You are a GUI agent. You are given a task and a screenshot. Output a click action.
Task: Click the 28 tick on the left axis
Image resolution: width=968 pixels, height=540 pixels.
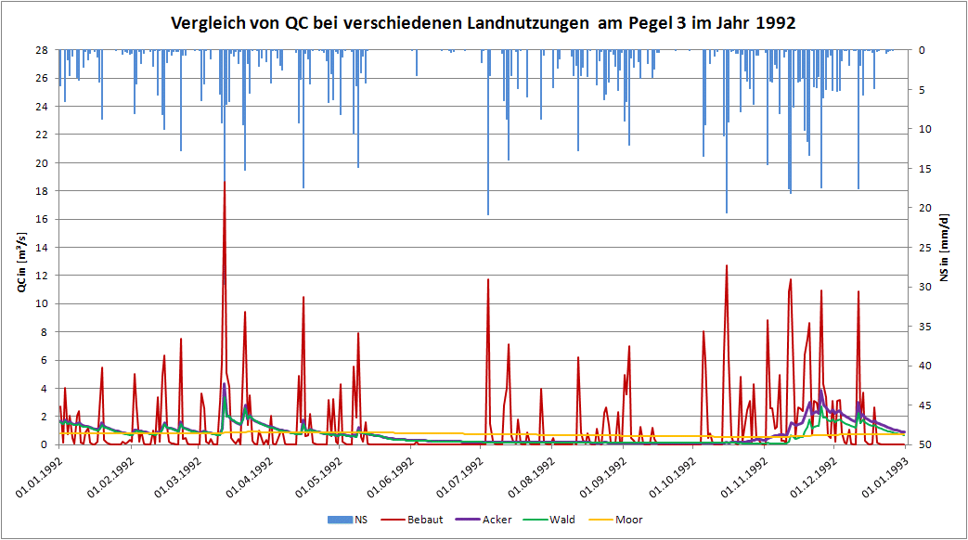(x=43, y=50)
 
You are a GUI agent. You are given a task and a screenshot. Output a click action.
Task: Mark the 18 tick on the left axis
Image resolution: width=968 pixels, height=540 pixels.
(x=43, y=191)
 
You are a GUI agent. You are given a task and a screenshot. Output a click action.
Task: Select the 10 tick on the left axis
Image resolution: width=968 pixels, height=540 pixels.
(x=43, y=303)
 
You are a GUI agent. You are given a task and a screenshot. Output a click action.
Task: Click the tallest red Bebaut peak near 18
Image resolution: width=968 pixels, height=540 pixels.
(x=225, y=183)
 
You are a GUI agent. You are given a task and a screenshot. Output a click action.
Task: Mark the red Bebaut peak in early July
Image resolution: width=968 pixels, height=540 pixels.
(x=488, y=280)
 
